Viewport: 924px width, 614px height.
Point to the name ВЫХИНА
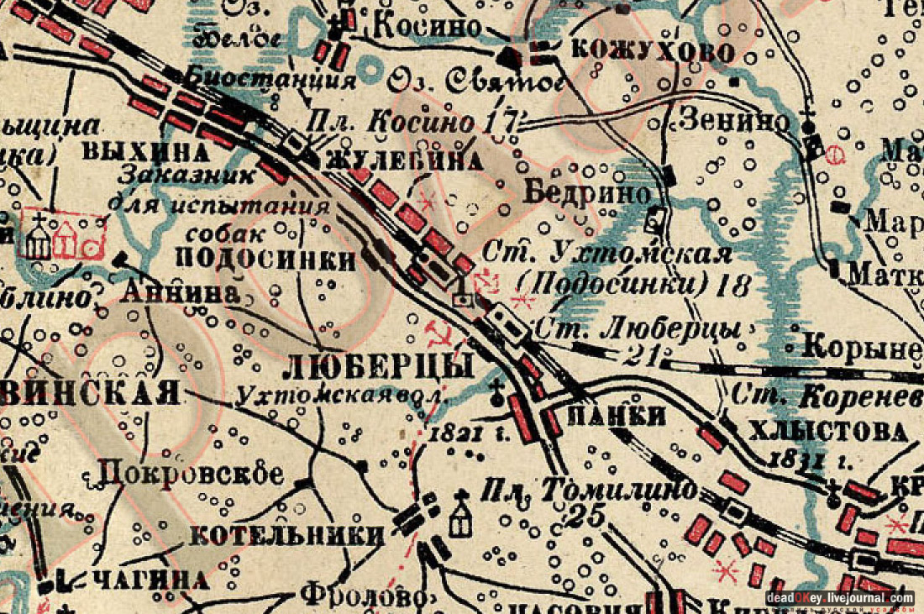[145, 153]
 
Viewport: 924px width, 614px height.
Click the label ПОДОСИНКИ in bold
[268, 260]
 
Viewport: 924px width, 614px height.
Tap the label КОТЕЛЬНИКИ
[288, 535]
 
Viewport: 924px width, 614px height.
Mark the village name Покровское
[192, 473]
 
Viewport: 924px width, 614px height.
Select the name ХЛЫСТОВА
[827, 432]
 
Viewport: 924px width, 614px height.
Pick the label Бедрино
[588, 192]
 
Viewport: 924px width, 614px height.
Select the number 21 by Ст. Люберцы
[642, 357]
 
